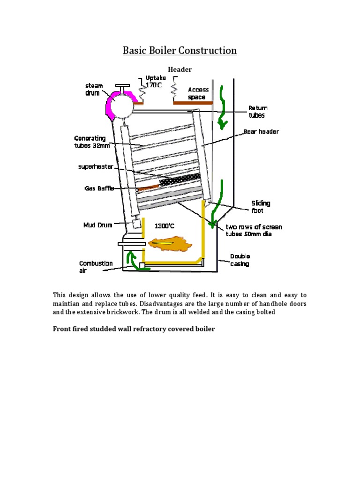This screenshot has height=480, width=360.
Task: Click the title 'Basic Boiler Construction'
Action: [x=180, y=50]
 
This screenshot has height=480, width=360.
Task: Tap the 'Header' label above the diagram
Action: [x=180, y=69]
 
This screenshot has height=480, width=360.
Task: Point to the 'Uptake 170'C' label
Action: [x=155, y=81]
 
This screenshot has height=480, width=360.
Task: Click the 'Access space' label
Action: [x=198, y=93]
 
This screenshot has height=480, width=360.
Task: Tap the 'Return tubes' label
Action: [x=257, y=112]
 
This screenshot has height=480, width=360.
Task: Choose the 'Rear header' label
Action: [x=261, y=132]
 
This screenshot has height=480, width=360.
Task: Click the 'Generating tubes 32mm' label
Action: [x=91, y=141]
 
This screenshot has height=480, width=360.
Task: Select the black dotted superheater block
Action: [x=180, y=179]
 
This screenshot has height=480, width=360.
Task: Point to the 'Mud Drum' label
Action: [x=97, y=225]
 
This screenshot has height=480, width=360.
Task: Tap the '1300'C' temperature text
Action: [x=165, y=226]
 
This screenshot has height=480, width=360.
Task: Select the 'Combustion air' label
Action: [x=96, y=266]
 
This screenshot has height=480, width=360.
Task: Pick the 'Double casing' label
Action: [x=240, y=260]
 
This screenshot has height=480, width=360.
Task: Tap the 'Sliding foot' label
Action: [x=261, y=207]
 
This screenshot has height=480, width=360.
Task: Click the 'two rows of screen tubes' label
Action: [x=253, y=230]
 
